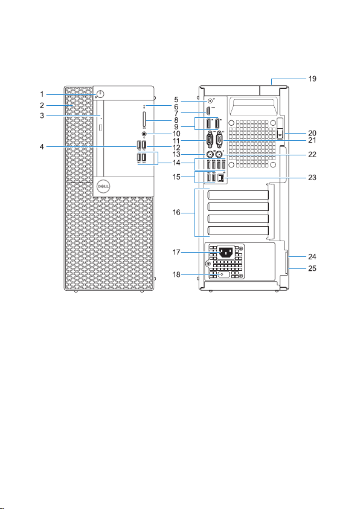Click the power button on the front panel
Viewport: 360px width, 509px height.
coord(100,94)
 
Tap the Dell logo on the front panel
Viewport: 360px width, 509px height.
coord(104,186)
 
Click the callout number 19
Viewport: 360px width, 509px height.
coord(312,79)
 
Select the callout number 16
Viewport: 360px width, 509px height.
coord(176,213)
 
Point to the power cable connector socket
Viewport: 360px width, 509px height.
coord(226,252)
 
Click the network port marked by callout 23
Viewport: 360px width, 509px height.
coord(221,178)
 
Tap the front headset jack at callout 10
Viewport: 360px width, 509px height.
coord(144,133)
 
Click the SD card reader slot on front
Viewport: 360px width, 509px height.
coord(144,120)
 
